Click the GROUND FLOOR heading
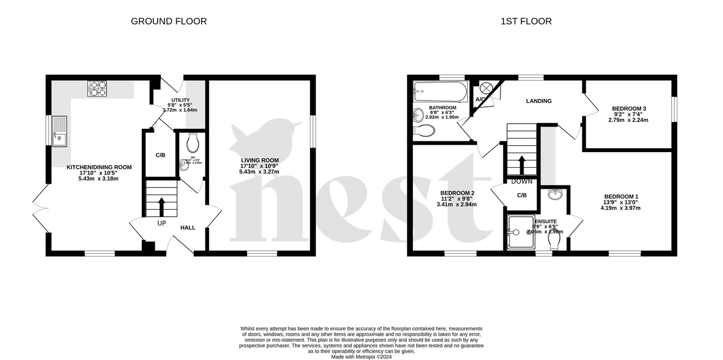(169, 21)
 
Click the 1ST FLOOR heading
(526, 21)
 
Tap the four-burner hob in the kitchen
(97, 89)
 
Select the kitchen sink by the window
(59, 131)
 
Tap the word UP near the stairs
(162, 223)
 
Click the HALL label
(188, 228)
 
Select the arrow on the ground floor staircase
(162, 206)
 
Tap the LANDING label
(538, 101)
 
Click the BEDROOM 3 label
(629, 109)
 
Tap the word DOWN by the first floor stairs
(521, 181)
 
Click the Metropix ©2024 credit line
(361, 357)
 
